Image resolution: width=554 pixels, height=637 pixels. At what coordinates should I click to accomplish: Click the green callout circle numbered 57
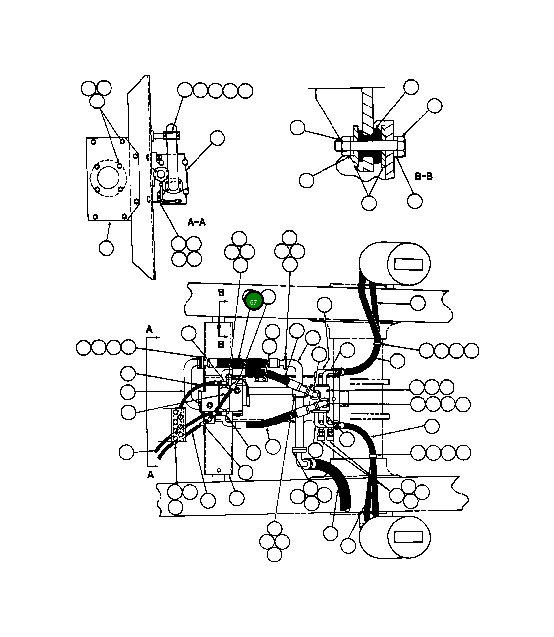(254, 302)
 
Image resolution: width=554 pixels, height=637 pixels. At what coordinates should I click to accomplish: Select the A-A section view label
(196, 222)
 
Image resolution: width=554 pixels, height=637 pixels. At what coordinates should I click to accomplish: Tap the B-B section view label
(423, 176)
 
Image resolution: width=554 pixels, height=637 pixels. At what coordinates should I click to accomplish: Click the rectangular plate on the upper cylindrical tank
(411, 263)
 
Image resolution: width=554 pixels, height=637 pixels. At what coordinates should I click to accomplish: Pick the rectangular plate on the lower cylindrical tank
(408, 537)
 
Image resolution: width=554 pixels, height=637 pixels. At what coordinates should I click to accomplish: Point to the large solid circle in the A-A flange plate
(109, 178)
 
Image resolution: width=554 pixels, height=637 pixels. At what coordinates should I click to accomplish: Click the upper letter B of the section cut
(221, 293)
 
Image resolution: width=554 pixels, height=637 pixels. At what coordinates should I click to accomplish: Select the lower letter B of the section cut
(221, 344)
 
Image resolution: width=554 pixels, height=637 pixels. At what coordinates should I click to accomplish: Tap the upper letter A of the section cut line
(149, 329)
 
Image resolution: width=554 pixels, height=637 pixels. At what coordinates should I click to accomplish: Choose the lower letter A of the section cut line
(151, 474)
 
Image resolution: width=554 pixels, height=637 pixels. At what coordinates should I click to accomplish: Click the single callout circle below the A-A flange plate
(106, 247)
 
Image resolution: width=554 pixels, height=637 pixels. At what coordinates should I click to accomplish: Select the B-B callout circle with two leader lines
(369, 203)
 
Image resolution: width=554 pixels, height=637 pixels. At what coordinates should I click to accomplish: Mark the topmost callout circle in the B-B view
(411, 87)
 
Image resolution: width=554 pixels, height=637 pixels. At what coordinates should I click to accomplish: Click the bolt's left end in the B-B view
(338, 146)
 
